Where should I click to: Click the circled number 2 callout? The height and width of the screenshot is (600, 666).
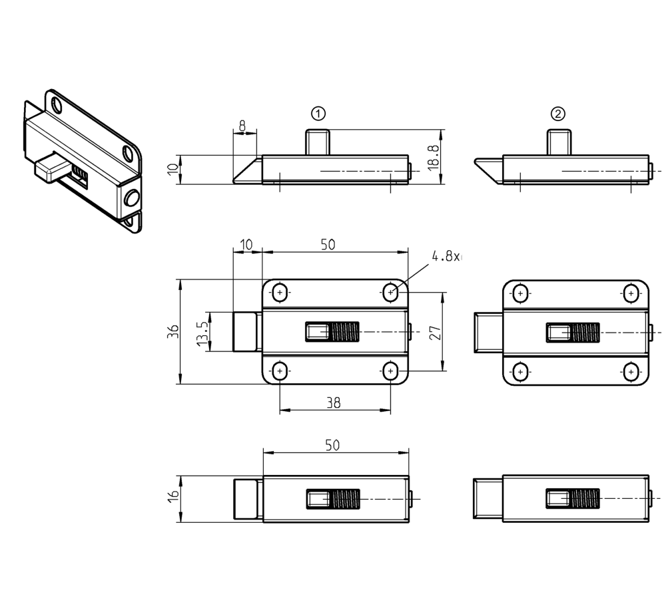(558, 113)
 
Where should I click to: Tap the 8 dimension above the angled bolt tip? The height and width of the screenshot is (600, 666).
(242, 124)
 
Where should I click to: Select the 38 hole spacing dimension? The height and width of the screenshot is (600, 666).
(334, 402)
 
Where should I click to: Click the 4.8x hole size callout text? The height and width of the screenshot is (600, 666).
(446, 256)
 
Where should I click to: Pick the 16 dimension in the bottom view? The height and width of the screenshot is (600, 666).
(173, 496)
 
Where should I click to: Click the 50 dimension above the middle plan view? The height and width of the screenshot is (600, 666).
(328, 244)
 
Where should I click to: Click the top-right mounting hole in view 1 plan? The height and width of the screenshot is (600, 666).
(391, 292)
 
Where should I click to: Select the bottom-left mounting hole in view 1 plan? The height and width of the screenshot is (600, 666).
(280, 371)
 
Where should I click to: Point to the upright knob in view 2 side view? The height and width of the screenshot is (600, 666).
(558, 142)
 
